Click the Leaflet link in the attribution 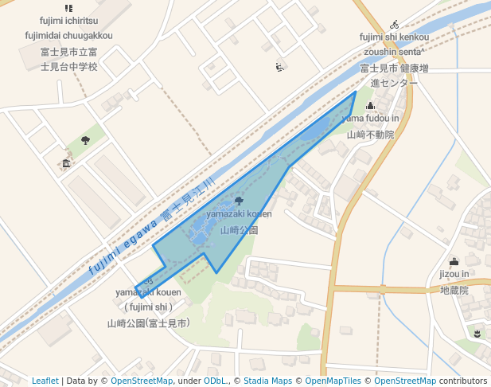[45, 381]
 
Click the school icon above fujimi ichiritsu [68, 8]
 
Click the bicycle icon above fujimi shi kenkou [395, 25]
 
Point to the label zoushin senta [394, 50]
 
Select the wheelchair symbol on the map [279, 67]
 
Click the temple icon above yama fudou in [370, 106]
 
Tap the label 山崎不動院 [370, 135]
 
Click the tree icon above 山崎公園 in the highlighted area [239, 201]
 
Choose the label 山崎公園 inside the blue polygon [240, 229]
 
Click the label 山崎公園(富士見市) [149, 323]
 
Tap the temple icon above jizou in [454, 261]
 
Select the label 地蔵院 [454, 291]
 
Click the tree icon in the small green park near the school [85, 140]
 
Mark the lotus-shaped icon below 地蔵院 [477, 333]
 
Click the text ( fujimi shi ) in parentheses [148, 307]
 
